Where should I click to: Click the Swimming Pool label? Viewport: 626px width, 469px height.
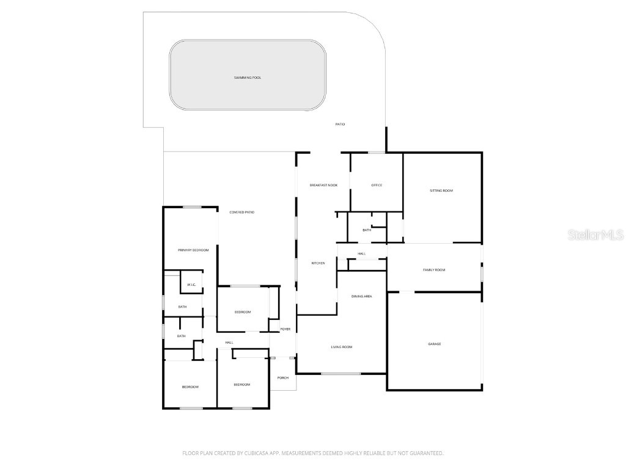[248, 78]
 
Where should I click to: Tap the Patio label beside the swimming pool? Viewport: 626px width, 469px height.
[340, 124]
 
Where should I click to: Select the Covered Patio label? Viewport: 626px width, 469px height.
[241, 212]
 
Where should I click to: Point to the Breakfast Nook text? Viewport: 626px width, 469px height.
[323, 185]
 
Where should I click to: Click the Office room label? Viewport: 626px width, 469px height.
[377, 185]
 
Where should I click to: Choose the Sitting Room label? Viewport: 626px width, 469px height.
[441, 191]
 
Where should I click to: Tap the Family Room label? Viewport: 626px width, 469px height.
[434, 270]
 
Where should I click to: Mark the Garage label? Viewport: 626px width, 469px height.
[434, 344]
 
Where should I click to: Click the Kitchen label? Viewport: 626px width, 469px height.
[318, 263]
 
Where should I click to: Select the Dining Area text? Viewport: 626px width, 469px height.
[361, 296]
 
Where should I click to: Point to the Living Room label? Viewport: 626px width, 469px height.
[341, 347]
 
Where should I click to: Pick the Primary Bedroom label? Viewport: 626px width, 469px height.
[193, 250]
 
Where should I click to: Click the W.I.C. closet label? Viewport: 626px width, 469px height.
[191, 285]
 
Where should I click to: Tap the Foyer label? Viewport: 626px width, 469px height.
[285, 329]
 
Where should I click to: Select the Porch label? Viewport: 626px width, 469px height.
[282, 377]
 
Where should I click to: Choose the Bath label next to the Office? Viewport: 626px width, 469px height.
[367, 230]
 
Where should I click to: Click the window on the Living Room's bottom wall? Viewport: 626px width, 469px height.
[341, 373]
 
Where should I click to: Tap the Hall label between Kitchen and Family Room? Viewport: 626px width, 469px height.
[361, 253]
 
